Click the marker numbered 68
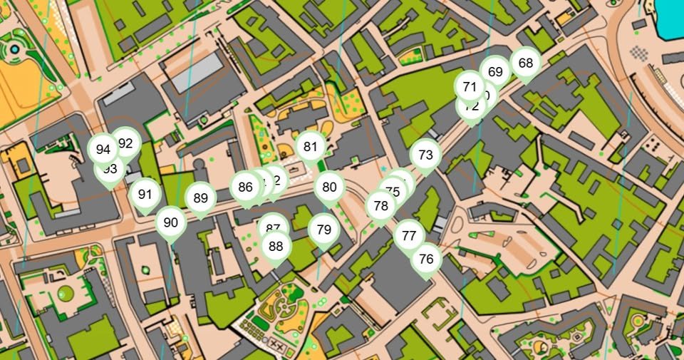[526, 63]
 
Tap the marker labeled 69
[496, 72]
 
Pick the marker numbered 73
[425, 155]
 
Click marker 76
[426, 258]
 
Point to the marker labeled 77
[409, 235]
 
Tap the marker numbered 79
[324, 230]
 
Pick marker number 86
[246, 187]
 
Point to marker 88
[276, 246]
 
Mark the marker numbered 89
[200, 198]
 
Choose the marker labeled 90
[170, 222]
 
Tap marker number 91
[145, 194]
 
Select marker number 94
[103, 150]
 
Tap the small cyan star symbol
[384, 169]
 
